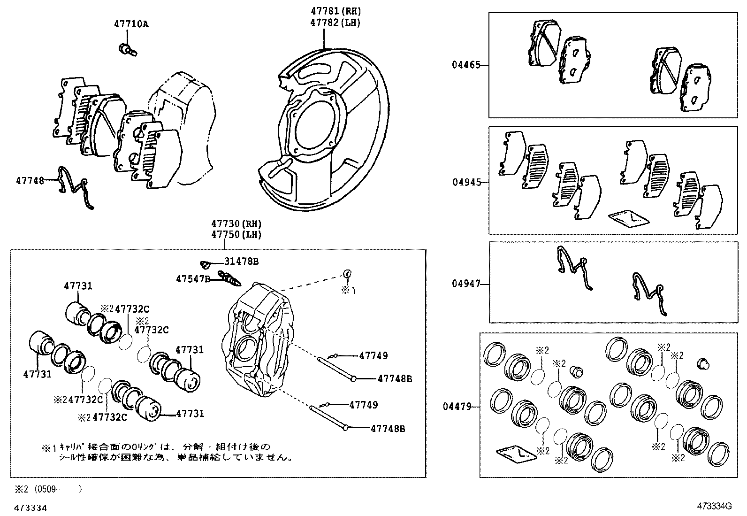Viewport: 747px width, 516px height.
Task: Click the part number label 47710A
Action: tap(130, 24)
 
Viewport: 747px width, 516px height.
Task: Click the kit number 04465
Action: tap(466, 65)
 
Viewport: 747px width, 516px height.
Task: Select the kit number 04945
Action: tap(466, 182)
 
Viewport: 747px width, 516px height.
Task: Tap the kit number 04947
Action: tap(466, 284)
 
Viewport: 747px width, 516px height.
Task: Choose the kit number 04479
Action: tap(457, 407)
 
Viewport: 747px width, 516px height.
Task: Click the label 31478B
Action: tap(241, 262)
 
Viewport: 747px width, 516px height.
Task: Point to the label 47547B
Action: tap(193, 279)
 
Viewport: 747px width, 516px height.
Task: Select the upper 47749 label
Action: tap(373, 355)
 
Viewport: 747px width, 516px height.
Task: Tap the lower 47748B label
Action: tap(388, 428)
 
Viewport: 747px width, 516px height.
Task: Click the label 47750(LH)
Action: tap(236, 234)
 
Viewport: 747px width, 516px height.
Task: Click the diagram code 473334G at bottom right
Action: tap(714, 506)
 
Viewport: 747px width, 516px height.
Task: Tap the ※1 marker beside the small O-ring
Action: tap(348, 291)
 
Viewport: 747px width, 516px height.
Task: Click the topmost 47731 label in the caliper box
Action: tap(78, 286)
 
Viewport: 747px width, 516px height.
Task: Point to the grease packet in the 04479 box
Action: tap(515, 453)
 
